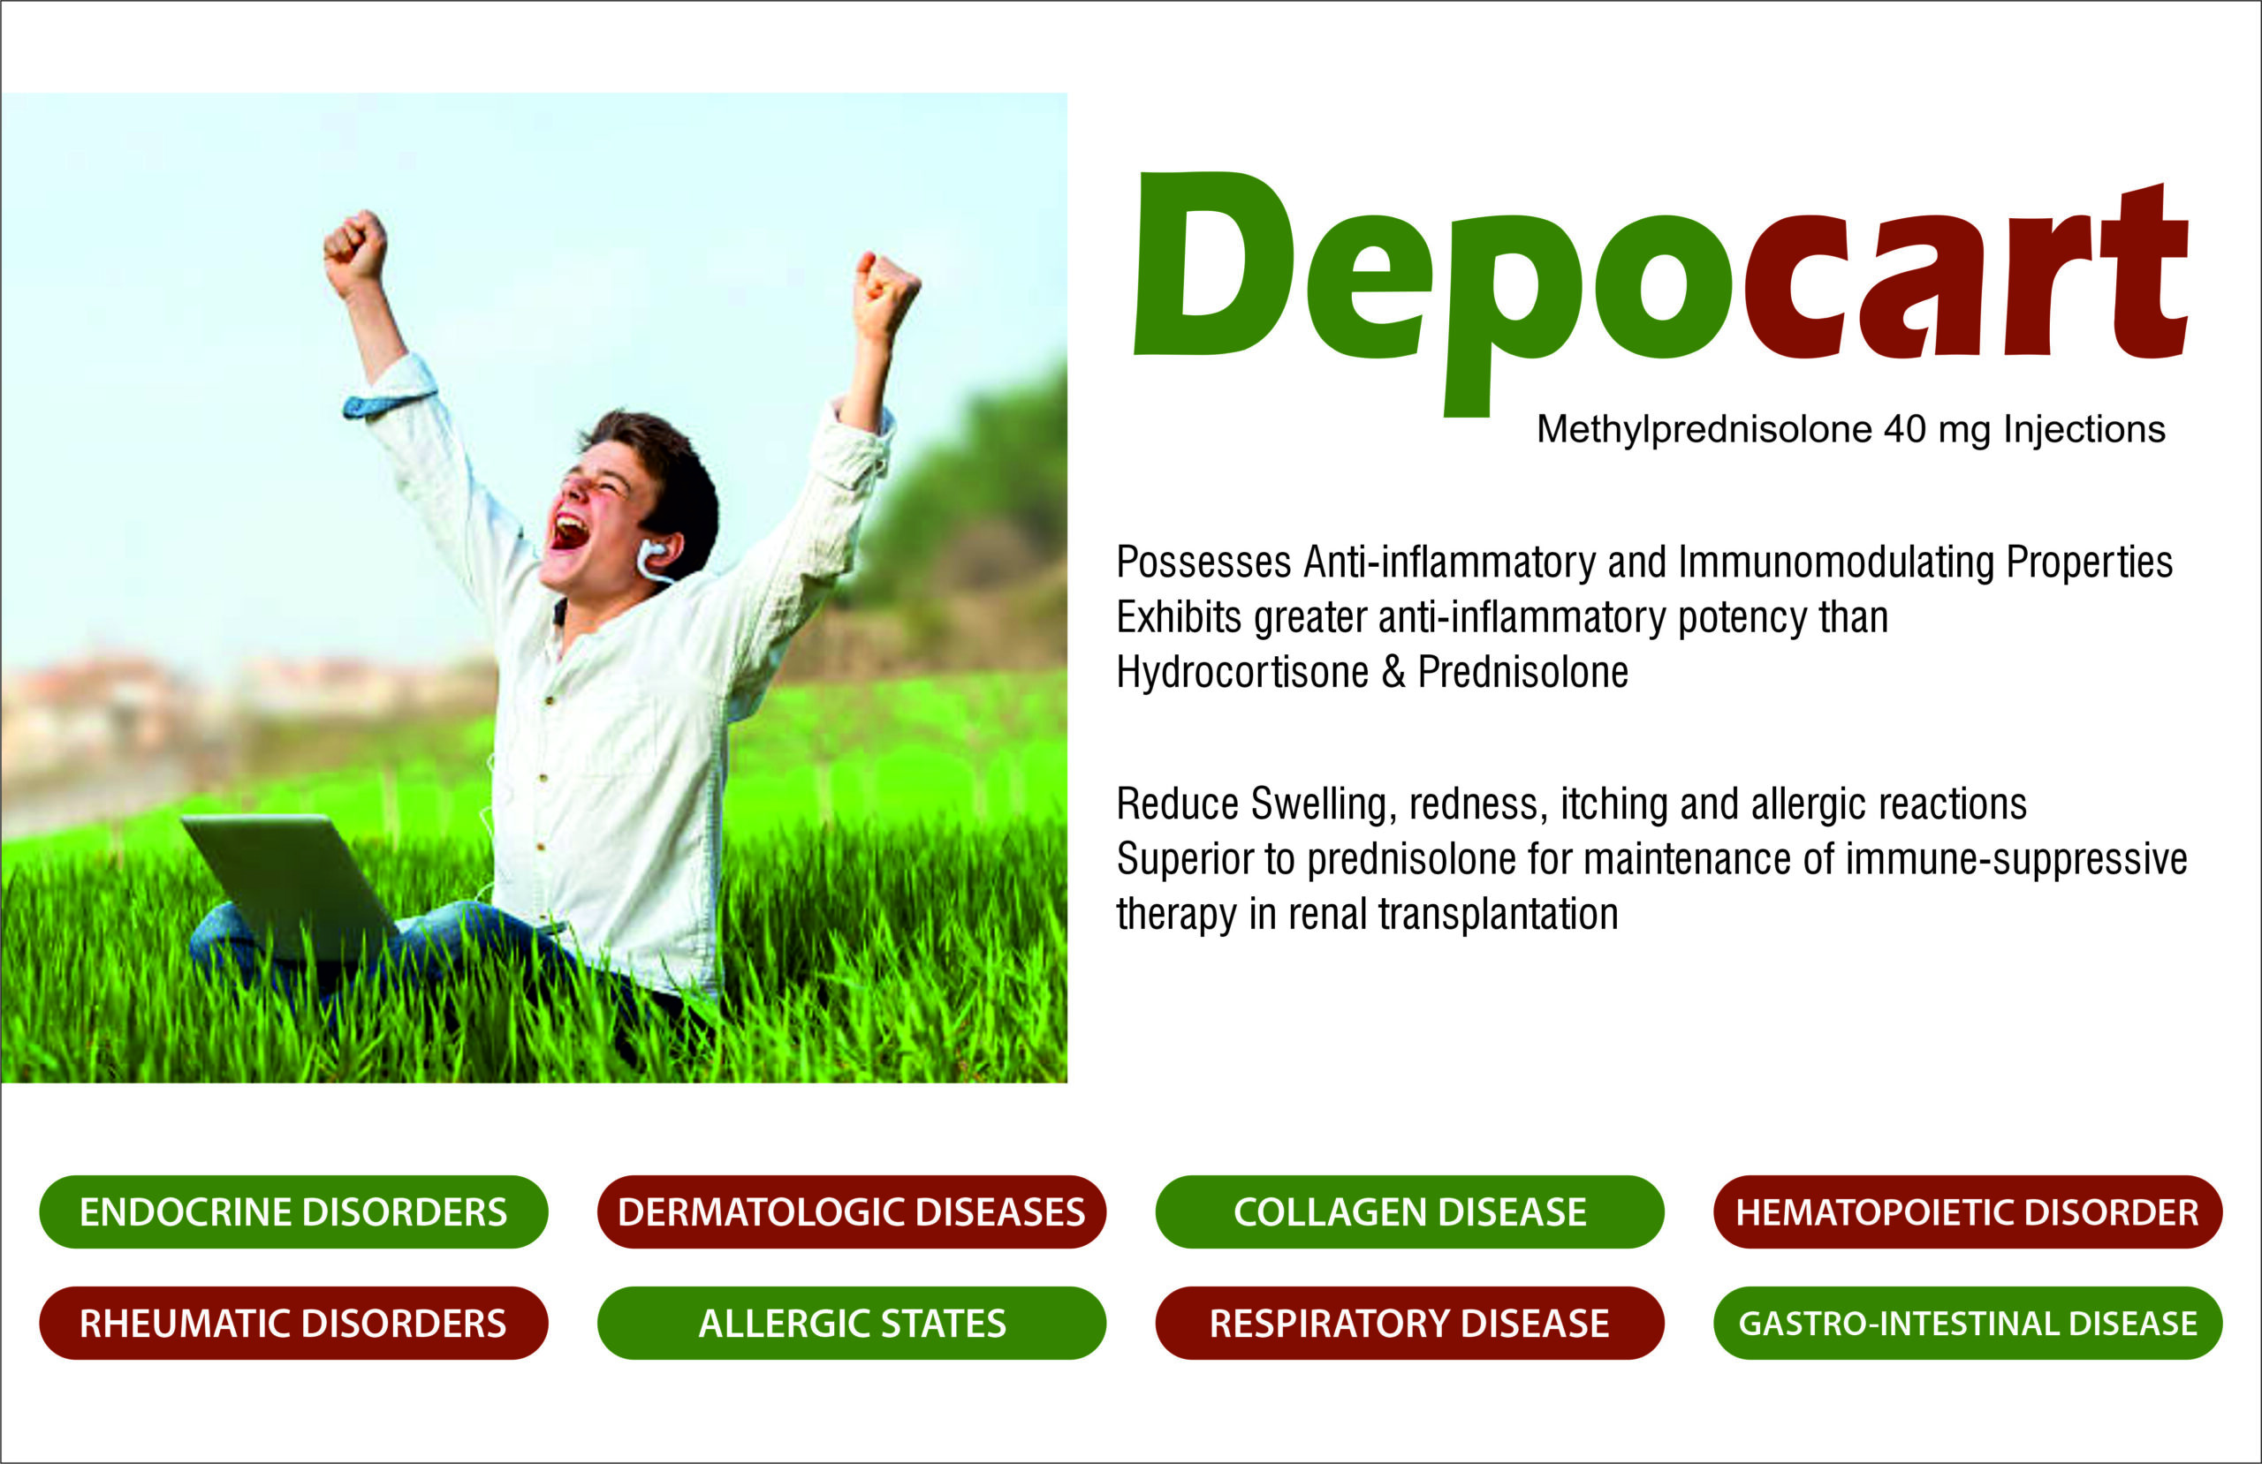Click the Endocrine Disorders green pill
[x=293, y=1211]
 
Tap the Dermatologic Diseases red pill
[x=852, y=1211]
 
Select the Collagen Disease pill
[x=1409, y=1211]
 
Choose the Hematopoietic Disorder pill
[x=1968, y=1211]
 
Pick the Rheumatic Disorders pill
[x=293, y=1323]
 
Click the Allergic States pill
[x=852, y=1323]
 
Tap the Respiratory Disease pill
[x=1409, y=1323]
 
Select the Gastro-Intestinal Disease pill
[x=1968, y=1323]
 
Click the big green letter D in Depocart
[x=1216, y=263]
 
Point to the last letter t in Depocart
[x=2144, y=271]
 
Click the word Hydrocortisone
[x=1242, y=672]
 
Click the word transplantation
[x=1498, y=914]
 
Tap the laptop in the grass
[x=290, y=886]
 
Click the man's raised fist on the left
[x=355, y=252]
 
